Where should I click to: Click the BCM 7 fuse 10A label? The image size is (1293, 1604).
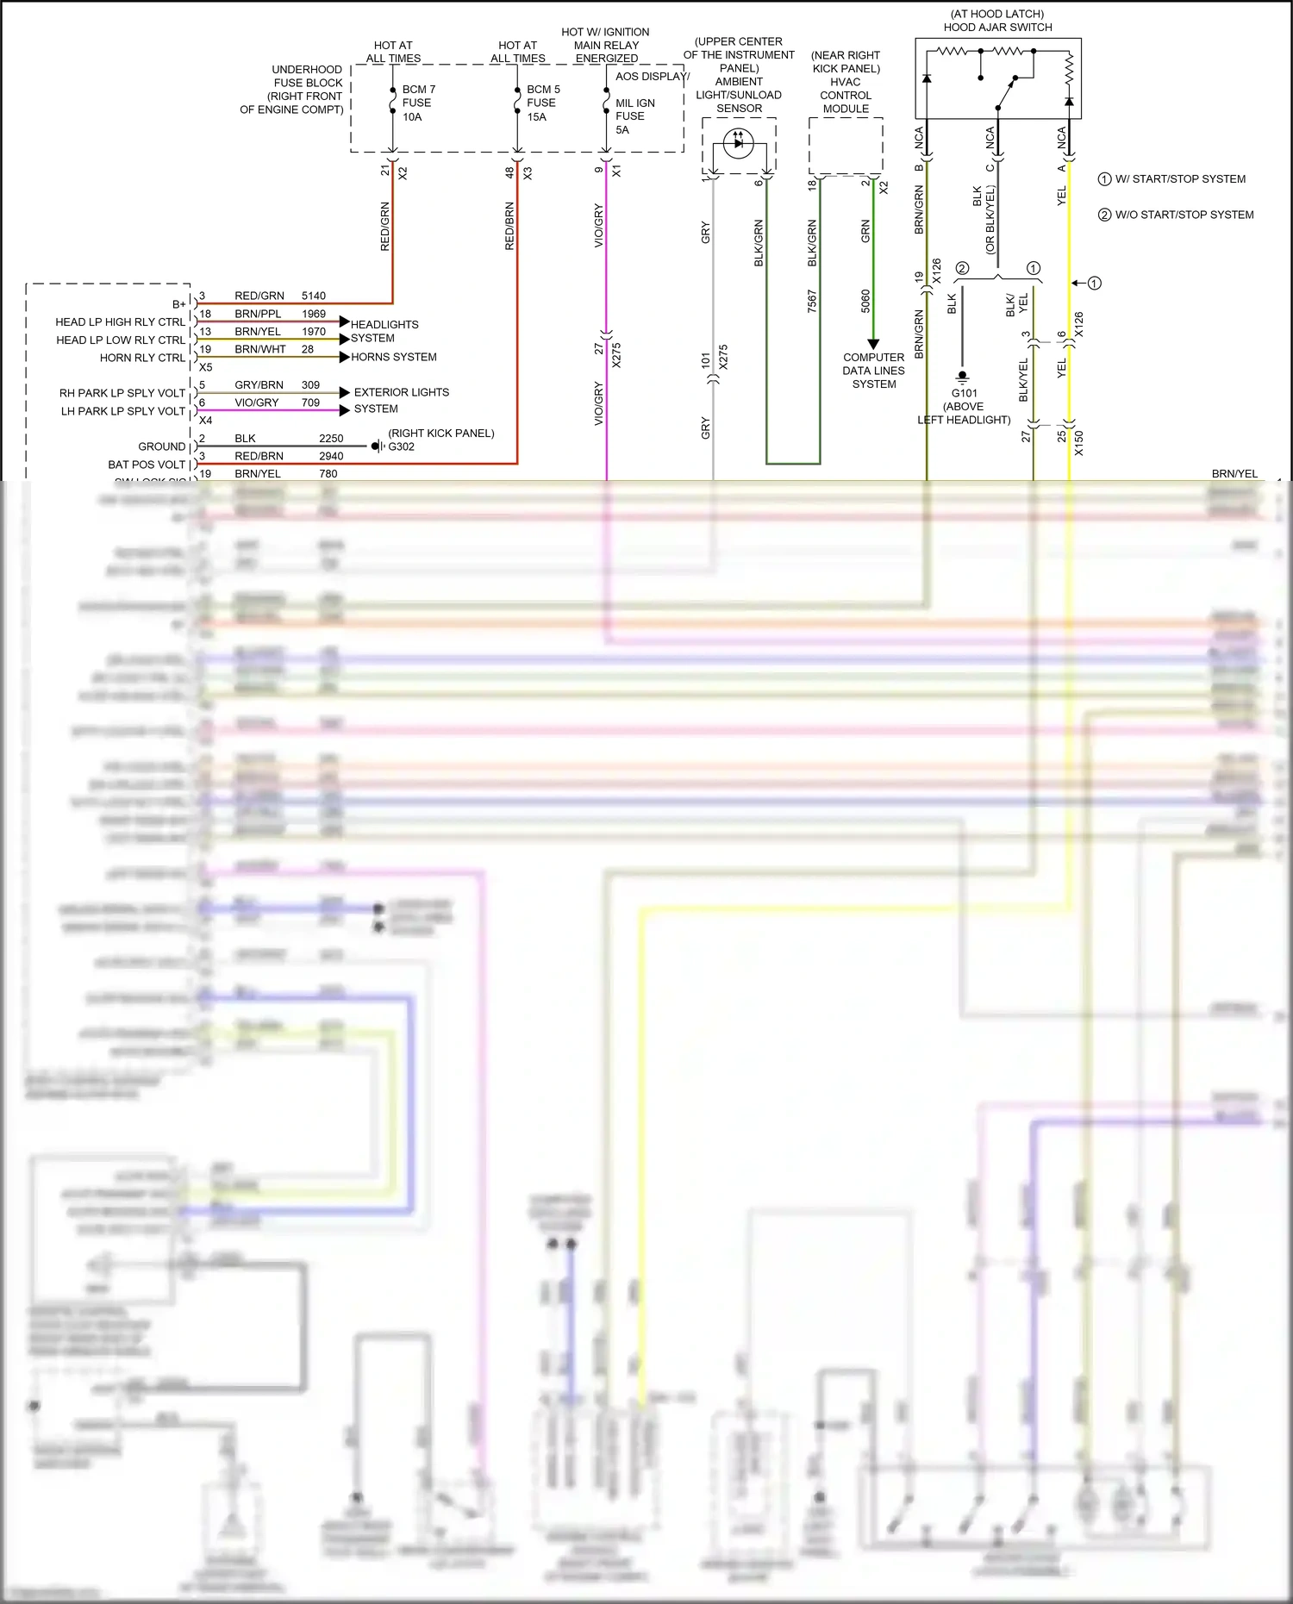pos(418,103)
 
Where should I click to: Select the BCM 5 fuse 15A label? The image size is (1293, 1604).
pos(543,103)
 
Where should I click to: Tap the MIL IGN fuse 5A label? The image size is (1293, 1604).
pos(634,116)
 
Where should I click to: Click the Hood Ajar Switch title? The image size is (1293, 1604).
pos(997,27)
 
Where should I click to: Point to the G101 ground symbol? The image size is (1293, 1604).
pos(963,376)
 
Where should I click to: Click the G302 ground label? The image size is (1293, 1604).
pos(401,446)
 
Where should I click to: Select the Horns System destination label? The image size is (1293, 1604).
pos(393,357)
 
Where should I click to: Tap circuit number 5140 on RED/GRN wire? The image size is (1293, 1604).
pos(314,296)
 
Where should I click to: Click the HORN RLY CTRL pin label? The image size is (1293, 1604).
pos(142,358)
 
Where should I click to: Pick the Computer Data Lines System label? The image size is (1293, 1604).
pos(874,371)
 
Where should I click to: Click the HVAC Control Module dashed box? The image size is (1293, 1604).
pos(846,145)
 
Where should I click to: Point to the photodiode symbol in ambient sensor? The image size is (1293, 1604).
pos(738,143)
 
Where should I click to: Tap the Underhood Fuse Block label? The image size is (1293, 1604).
pos(293,90)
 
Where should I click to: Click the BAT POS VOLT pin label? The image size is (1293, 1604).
pos(147,465)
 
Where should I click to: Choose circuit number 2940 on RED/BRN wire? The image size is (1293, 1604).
pos(331,456)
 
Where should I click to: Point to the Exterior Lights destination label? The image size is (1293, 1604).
pos(401,392)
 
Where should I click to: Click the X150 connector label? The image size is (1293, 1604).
pos(1079,443)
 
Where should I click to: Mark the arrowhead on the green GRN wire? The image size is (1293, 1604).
pos(872,344)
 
